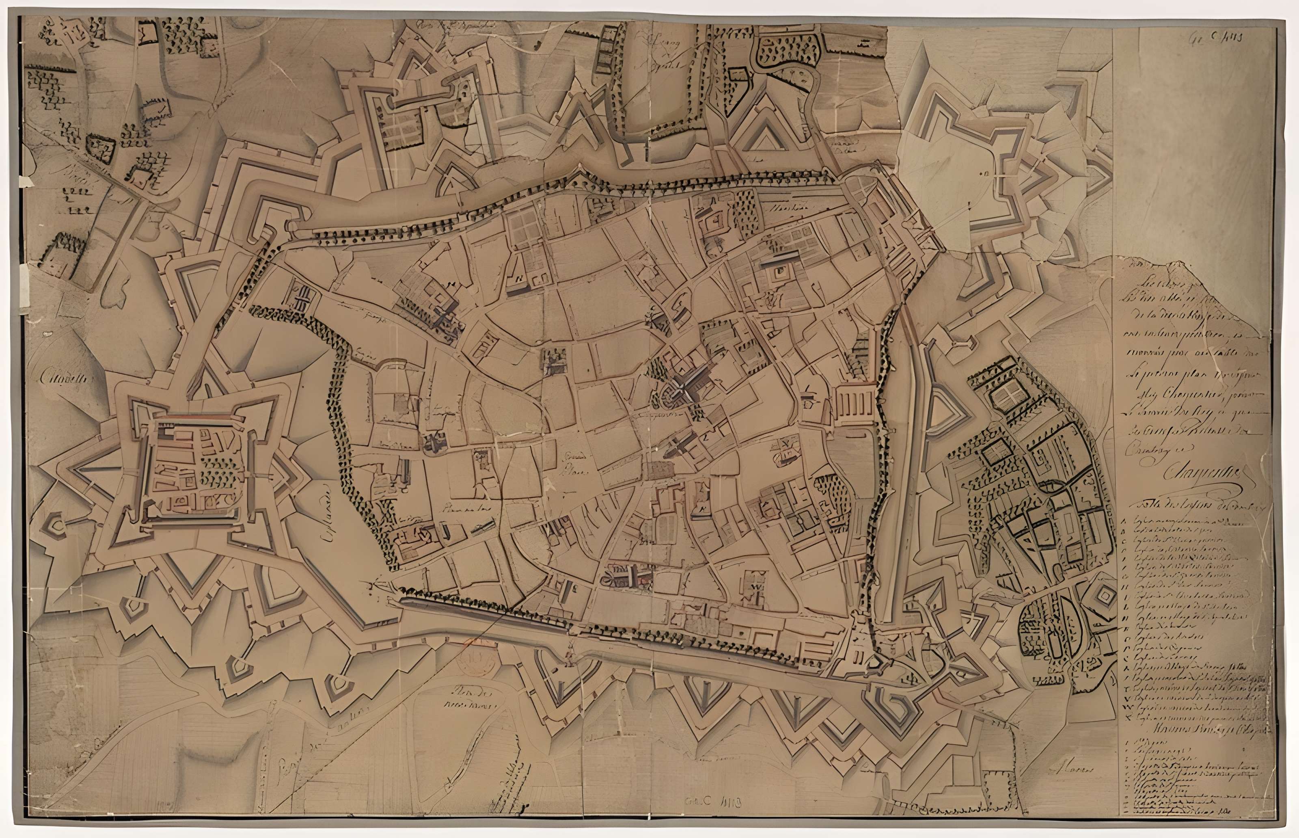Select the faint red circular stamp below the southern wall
475,660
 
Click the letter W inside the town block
757,587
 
